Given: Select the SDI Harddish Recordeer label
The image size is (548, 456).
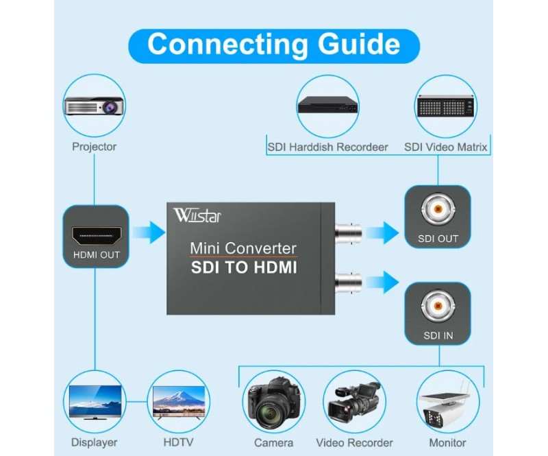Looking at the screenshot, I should point(327,147).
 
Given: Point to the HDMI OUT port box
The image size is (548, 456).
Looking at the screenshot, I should point(96,237).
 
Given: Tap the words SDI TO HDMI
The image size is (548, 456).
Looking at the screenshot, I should point(243,268).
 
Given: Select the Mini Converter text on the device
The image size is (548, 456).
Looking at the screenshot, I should point(243,248).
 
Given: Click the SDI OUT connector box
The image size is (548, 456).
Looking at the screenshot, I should point(438,218).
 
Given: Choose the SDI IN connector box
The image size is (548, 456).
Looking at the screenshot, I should point(438,314).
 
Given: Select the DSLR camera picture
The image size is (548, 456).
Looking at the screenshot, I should point(273,403).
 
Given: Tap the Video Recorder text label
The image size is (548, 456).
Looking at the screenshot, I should point(354,443).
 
